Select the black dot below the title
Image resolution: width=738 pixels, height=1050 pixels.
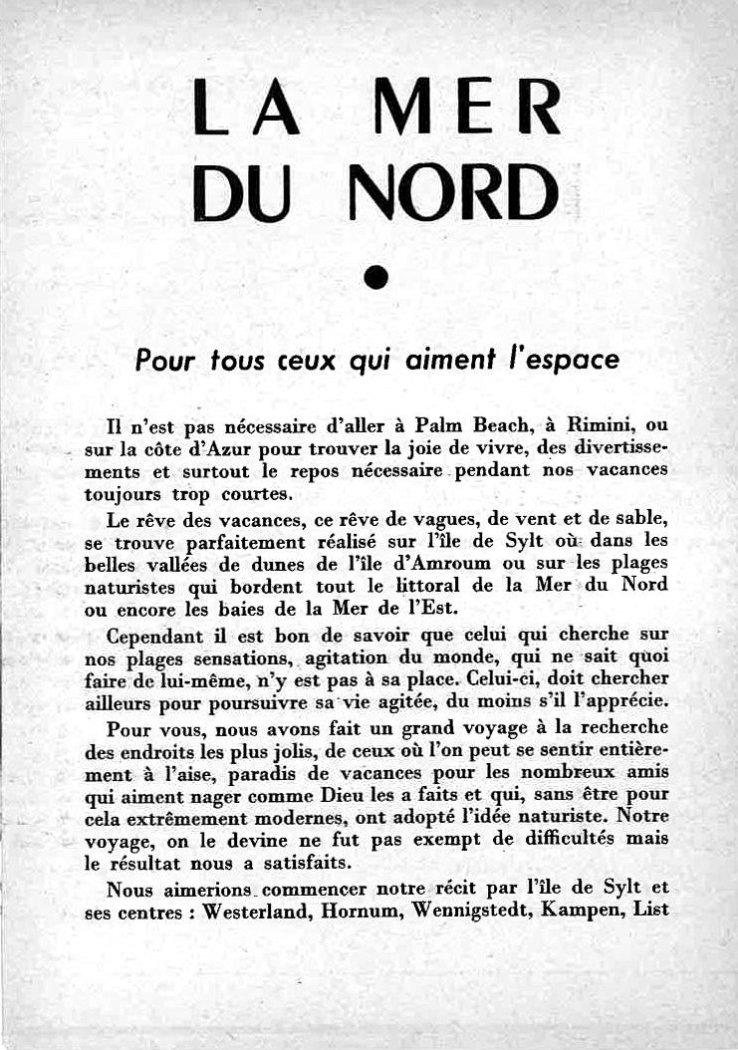(374, 278)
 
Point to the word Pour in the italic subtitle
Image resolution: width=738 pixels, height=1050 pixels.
(163, 361)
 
